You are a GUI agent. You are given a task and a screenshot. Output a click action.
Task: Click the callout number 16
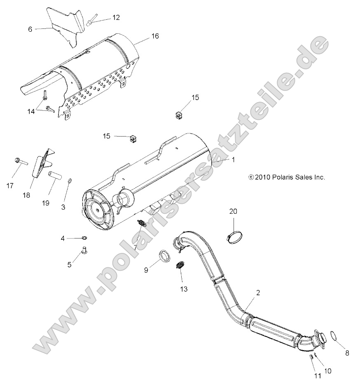click(x=154, y=36)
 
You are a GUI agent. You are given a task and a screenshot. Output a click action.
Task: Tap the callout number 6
click(x=30, y=29)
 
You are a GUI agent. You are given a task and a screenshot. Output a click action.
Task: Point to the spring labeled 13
click(x=180, y=266)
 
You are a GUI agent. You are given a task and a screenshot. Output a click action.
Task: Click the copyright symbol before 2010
click(x=251, y=177)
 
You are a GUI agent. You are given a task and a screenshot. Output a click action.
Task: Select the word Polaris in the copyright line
click(x=282, y=177)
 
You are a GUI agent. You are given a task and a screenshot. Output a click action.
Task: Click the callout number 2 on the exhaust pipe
click(x=258, y=293)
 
